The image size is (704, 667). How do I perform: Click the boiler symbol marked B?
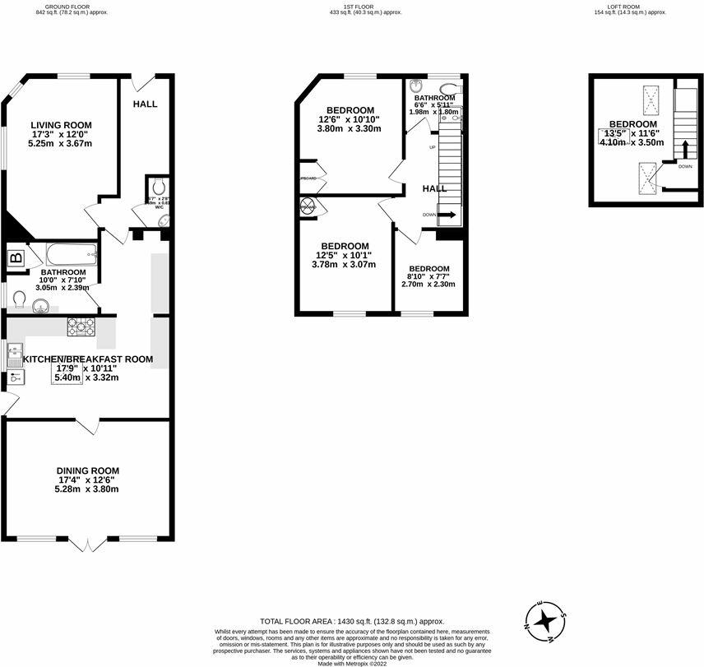point(16,258)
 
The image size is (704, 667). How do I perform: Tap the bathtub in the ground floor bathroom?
point(70,254)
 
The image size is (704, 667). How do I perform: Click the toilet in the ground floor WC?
point(158,188)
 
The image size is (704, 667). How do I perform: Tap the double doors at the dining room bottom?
point(88,543)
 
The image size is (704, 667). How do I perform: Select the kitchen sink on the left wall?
point(15,356)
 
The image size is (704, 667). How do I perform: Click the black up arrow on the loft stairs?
point(683,148)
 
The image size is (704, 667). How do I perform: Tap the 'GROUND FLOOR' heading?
point(72,6)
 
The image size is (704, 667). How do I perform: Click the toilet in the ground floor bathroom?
point(19,298)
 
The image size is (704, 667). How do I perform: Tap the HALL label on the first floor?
point(434,188)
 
